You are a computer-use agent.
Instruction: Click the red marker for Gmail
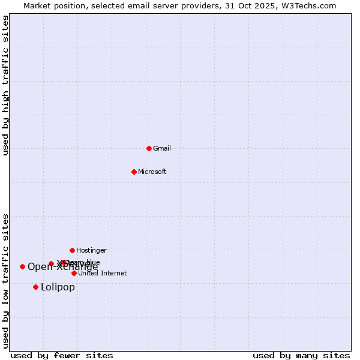(x=149, y=148)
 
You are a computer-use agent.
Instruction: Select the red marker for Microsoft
(x=134, y=172)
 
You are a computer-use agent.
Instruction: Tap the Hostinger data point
(x=72, y=250)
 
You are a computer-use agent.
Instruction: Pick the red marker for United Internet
(x=74, y=273)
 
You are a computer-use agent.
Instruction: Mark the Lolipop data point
(x=35, y=287)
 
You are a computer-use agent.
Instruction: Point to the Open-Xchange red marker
(x=22, y=266)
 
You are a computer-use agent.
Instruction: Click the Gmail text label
(x=162, y=149)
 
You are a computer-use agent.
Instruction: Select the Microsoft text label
(x=152, y=172)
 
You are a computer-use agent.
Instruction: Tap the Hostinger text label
(x=91, y=250)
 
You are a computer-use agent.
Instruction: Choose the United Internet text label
(x=103, y=274)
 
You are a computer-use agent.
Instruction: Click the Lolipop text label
(x=58, y=287)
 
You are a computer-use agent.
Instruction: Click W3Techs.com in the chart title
(x=308, y=5)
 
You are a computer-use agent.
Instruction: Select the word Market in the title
(x=38, y=5)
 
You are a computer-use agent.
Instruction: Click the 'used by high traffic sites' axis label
(x=6, y=85)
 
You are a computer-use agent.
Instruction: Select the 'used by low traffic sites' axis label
(x=6, y=280)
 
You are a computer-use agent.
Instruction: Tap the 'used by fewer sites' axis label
(x=62, y=356)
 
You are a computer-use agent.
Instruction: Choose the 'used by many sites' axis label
(x=301, y=356)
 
